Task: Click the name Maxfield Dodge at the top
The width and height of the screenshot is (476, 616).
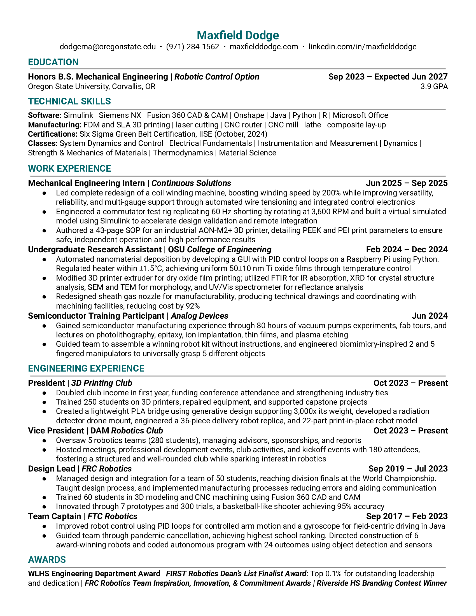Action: coord(238,35)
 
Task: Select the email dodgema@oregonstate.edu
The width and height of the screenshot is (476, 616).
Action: coord(108,47)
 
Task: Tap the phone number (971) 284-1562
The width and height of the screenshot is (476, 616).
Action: coord(192,47)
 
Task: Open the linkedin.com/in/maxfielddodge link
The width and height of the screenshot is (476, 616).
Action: coord(362,47)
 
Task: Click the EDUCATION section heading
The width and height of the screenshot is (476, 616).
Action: coord(53,62)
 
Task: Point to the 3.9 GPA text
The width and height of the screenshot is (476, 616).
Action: coord(434,87)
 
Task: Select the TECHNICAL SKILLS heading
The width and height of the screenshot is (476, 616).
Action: coord(69,101)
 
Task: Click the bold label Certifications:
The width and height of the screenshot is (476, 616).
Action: coord(52,134)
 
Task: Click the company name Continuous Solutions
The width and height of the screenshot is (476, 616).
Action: coord(191,183)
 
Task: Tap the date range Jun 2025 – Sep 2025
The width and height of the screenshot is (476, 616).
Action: coord(407,183)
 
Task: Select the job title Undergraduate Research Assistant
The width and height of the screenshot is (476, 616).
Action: coord(95,249)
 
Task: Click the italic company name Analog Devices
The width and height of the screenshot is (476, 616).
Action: coord(199,316)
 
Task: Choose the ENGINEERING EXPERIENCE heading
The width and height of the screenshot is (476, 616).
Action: coord(86,369)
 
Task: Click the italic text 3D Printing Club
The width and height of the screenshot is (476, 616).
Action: coord(102,383)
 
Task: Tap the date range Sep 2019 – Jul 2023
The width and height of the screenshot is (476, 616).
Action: coord(408,469)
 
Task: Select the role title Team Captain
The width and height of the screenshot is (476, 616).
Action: coord(54,516)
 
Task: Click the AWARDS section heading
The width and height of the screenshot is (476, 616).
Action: coord(47,560)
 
